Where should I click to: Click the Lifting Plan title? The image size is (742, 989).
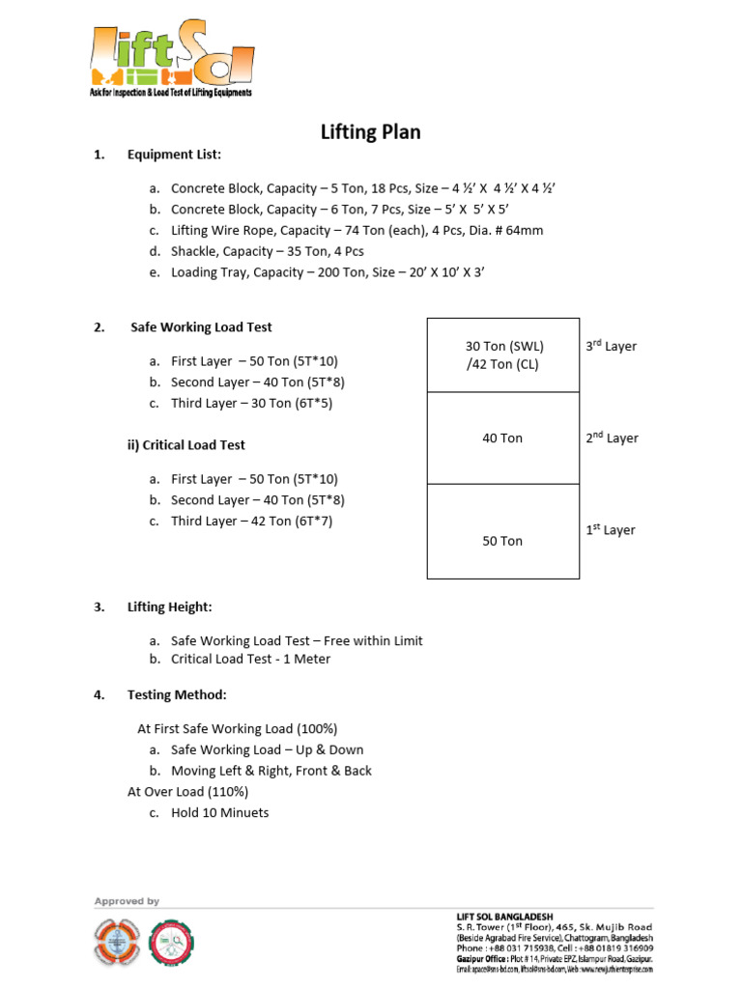click(x=371, y=132)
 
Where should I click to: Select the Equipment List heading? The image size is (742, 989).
click(x=174, y=155)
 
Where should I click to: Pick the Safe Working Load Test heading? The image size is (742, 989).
click(x=202, y=327)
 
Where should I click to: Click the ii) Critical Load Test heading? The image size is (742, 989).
click(x=186, y=445)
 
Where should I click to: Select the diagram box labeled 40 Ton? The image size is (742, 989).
click(x=502, y=438)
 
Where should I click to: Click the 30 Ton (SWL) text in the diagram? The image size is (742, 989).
click(x=504, y=346)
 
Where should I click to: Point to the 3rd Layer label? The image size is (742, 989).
click(x=611, y=346)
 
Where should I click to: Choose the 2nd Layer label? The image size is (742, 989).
click(x=611, y=438)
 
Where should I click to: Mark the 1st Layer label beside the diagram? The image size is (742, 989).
click(x=611, y=529)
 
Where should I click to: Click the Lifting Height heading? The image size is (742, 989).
click(x=170, y=608)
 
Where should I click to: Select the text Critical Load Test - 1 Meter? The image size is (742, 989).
click(x=250, y=660)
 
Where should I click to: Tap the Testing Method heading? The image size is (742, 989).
click(x=177, y=695)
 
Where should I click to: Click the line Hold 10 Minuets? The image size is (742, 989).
click(x=219, y=813)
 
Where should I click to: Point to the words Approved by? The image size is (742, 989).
click(x=127, y=901)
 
